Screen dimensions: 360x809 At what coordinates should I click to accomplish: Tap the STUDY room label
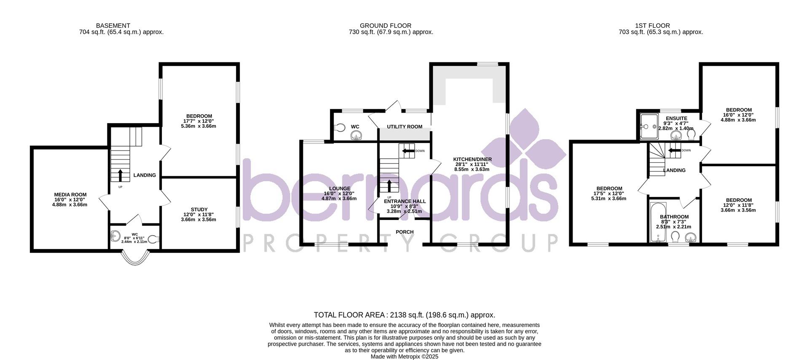pyautogui.click(x=199, y=210)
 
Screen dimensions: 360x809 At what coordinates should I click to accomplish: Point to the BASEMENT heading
pyautogui.click(x=113, y=26)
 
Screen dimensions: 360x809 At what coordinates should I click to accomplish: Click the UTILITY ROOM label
pyautogui.click(x=404, y=126)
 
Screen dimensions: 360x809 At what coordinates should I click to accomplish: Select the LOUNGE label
pyautogui.click(x=340, y=188)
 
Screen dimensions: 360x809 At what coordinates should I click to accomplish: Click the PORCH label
pyautogui.click(x=404, y=232)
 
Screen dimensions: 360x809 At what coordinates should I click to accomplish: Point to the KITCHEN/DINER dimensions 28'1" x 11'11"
pyautogui.click(x=472, y=164)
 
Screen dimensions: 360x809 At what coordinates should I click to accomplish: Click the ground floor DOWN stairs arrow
pyautogui.click(x=407, y=151)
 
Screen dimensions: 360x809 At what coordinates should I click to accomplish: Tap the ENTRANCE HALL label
pyautogui.click(x=404, y=201)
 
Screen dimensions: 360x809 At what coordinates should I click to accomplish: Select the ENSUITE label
pyautogui.click(x=676, y=118)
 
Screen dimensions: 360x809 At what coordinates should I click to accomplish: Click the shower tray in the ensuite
pyautogui.click(x=649, y=126)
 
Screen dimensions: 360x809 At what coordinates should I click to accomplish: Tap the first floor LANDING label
pyautogui.click(x=674, y=170)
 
